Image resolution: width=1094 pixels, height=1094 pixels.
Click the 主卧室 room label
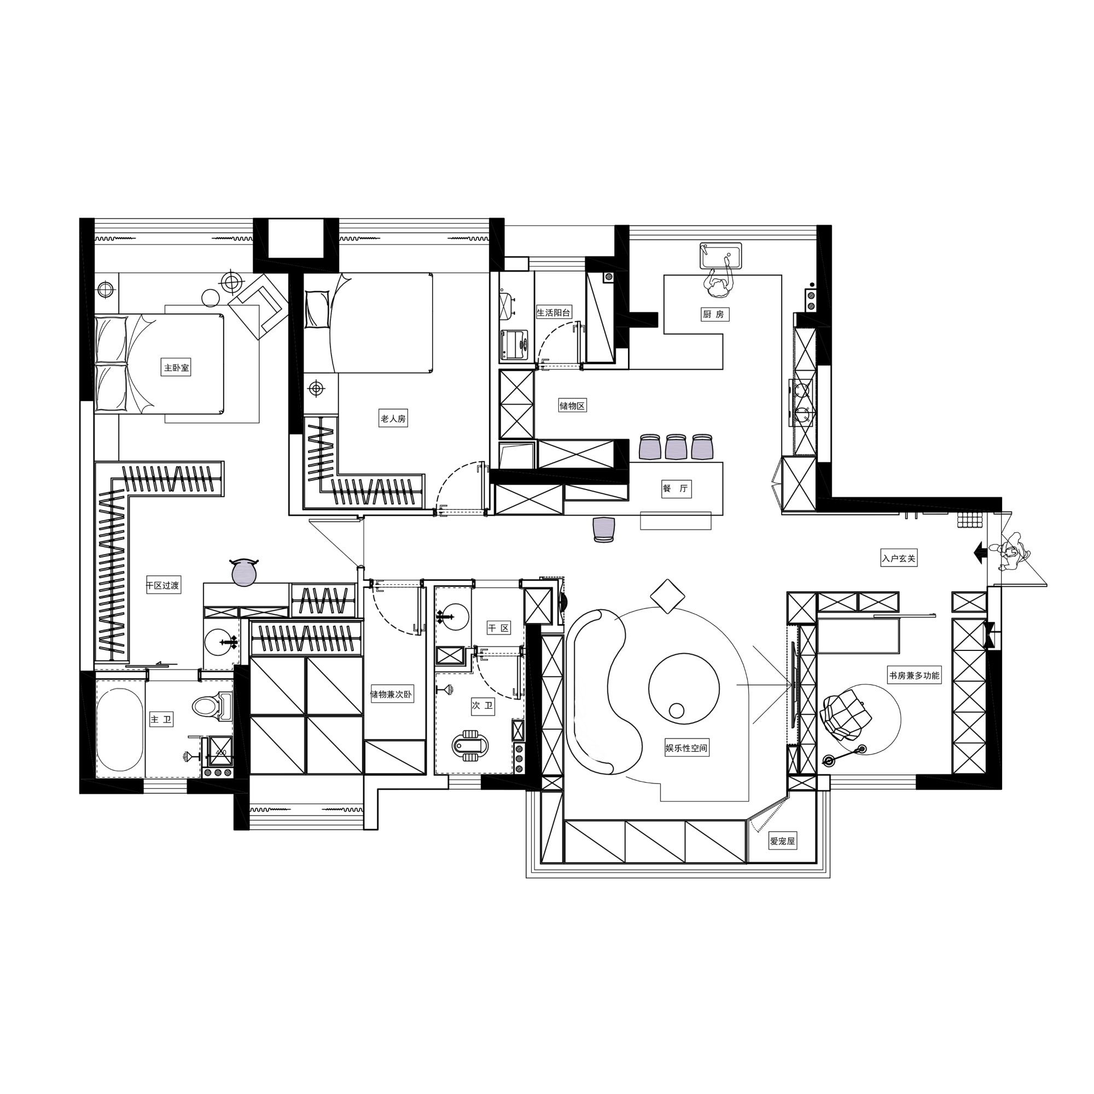point(177,368)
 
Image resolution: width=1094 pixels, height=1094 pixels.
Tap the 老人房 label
point(393,419)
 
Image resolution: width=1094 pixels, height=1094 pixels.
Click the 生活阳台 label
point(554,312)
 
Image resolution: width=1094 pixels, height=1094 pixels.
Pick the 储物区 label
point(572,405)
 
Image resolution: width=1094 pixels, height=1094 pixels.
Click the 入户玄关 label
point(899,558)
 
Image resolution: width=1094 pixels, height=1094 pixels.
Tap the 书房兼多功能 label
point(915,675)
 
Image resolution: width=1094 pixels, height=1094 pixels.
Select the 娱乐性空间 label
point(686,748)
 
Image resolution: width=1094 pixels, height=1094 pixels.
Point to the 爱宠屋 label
point(783,841)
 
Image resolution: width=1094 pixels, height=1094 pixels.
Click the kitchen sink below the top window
point(721,257)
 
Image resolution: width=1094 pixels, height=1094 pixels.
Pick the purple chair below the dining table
point(604,529)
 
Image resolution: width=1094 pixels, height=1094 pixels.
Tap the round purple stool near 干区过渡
point(245,571)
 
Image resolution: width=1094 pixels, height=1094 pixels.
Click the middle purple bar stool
point(676,446)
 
